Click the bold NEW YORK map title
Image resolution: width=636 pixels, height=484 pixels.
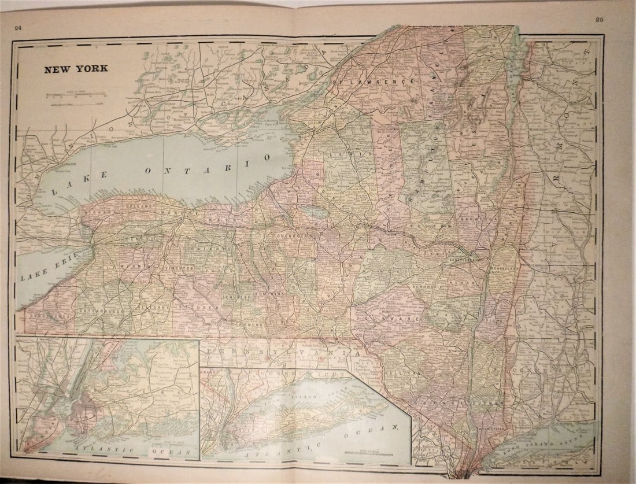pos(76,68)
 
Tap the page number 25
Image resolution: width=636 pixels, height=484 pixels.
pos(599,20)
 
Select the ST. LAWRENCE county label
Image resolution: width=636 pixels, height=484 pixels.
pos(376,82)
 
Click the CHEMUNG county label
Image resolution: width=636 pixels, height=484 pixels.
pos(249,324)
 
